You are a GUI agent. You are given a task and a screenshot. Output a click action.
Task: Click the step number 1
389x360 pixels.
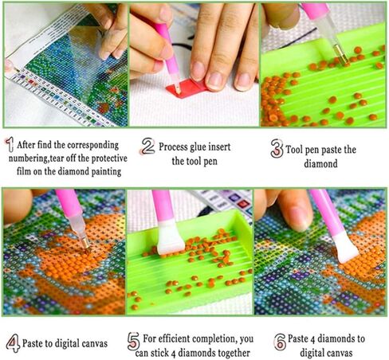[x=10, y=145]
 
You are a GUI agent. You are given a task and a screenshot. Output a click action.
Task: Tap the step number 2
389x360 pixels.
[x=147, y=147]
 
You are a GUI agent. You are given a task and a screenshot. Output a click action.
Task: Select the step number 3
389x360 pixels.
[x=277, y=148]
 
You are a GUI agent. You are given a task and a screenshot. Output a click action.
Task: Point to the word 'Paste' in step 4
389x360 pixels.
[x=39, y=344]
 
